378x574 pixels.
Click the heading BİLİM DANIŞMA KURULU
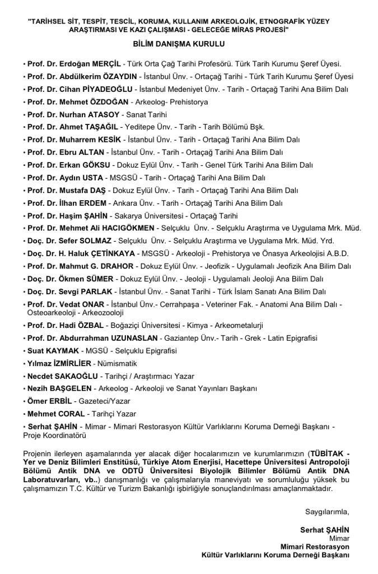tap(179, 43)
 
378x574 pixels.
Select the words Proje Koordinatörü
tap(54, 434)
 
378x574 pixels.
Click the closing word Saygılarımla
tap(327, 511)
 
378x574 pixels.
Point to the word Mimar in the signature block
tap(339, 538)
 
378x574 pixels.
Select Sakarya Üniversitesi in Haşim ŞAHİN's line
tap(144, 215)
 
